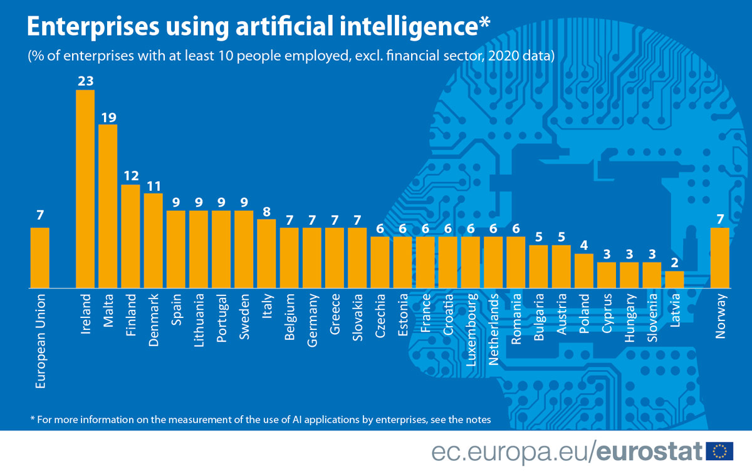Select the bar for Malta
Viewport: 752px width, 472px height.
[108, 206]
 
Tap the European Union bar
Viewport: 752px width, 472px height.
[40, 257]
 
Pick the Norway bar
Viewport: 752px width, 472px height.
[720, 257]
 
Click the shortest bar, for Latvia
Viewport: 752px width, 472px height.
[674, 279]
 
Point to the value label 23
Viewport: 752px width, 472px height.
[85, 81]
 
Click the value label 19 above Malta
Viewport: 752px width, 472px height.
[108, 116]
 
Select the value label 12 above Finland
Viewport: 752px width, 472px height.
[130, 177]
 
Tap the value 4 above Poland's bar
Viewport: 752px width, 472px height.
[583, 245]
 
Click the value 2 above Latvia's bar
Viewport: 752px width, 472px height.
[674, 263]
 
